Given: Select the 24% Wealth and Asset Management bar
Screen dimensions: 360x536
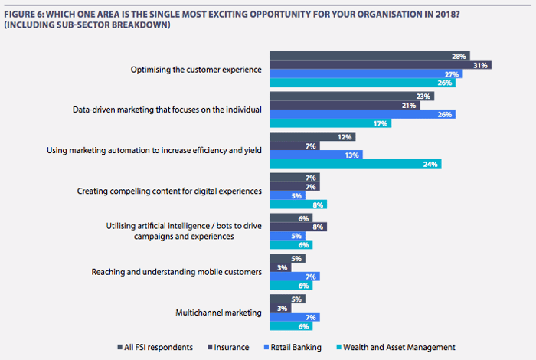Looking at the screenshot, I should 355,163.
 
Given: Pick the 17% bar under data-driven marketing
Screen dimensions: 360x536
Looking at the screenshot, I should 330,123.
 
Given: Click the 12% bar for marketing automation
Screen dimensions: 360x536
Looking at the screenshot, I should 312,136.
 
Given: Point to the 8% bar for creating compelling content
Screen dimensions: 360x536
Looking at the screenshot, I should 298,204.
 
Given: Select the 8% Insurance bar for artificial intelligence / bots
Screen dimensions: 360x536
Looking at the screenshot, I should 298,227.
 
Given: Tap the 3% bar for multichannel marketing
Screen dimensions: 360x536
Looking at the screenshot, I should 277,307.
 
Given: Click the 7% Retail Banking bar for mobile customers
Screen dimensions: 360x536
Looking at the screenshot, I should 294,276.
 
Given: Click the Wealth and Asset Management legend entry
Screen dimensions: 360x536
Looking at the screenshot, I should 397,347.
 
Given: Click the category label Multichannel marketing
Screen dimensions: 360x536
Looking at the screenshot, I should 218,312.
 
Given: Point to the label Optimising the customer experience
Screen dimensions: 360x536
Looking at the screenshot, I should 197,70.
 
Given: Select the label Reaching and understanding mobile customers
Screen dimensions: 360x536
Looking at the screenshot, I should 177,271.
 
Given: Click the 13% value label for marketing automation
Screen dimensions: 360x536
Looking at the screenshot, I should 352,154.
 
